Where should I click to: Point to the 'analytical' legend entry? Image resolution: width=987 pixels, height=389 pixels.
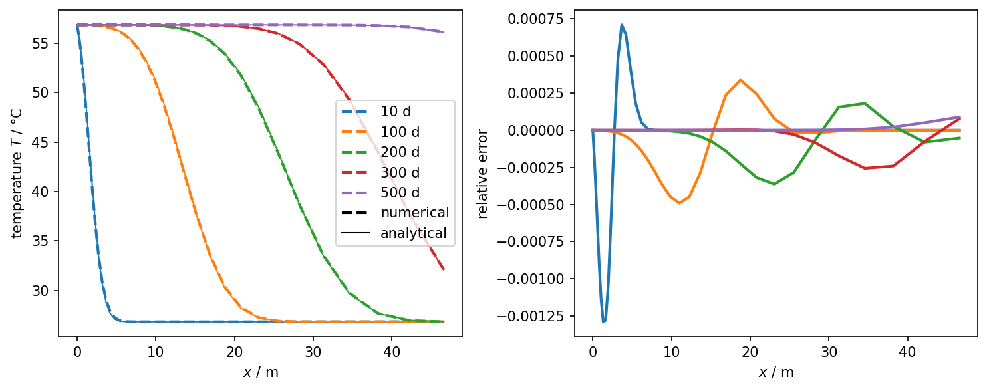[x=413, y=233]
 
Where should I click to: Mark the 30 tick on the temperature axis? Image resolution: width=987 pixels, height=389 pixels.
[x=45, y=291]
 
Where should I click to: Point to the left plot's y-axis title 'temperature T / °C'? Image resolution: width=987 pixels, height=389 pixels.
[x=17, y=172]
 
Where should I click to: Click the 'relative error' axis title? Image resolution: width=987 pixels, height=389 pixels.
[x=484, y=172]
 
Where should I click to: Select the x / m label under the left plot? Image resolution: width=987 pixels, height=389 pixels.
[x=261, y=372]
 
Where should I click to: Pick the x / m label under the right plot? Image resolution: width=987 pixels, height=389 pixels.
[x=776, y=372]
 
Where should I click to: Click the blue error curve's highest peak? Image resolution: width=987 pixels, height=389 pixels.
[x=622, y=25]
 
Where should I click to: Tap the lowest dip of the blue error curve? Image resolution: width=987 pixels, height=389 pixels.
[x=603, y=322]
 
